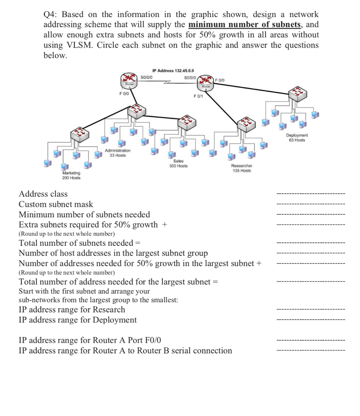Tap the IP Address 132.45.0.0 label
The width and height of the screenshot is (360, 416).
coord(175,71)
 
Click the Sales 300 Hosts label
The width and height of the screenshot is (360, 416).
coord(178,164)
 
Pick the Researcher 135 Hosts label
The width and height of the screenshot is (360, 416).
coord(241,168)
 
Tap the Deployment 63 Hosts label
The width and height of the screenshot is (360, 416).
coord(297,138)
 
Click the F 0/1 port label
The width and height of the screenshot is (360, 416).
coord(198,96)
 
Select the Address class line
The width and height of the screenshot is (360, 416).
coord(43,194)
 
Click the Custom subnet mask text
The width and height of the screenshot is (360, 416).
coord(56,204)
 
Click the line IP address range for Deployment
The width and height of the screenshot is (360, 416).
coord(78,320)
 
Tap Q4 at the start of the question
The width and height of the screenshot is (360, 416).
coord(50,15)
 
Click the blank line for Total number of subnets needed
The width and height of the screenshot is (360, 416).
coord(310,243)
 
